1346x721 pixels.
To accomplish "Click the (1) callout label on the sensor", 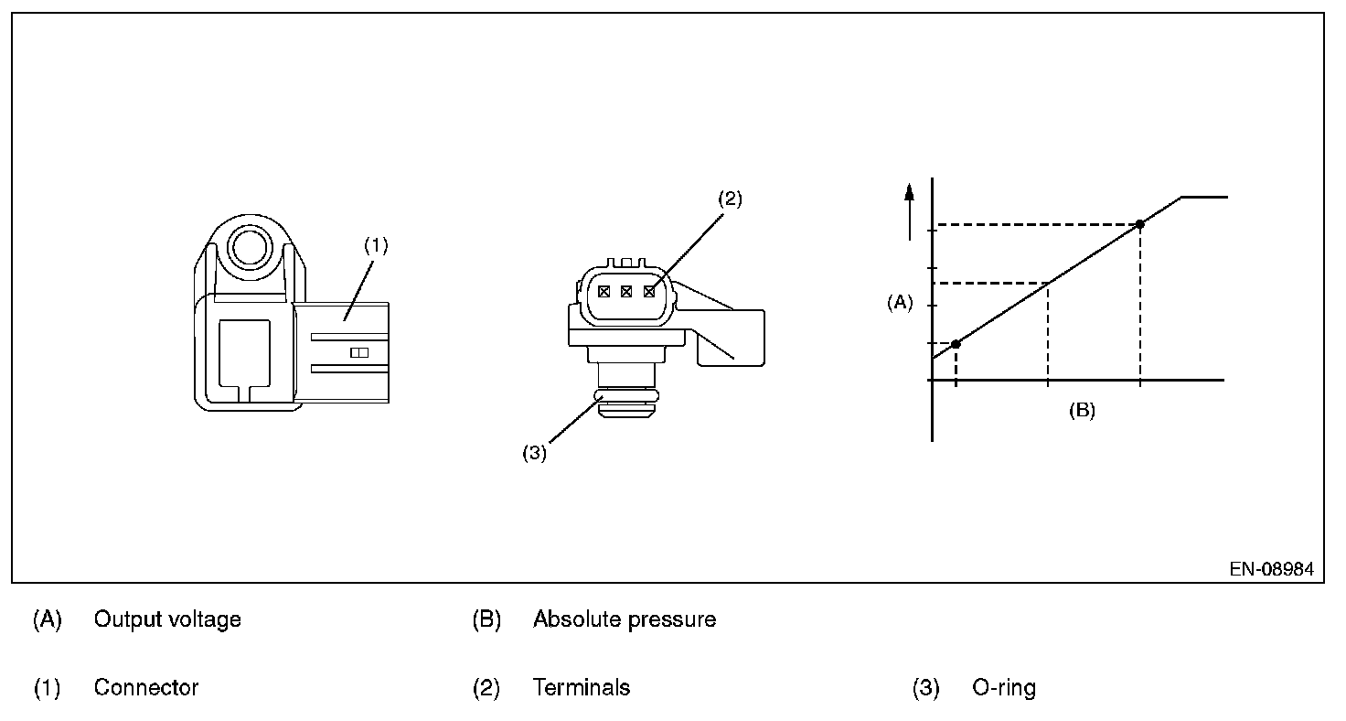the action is point(376,245).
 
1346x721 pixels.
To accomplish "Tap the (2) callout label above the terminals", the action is point(730,199).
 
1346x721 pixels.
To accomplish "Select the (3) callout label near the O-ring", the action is point(534,453).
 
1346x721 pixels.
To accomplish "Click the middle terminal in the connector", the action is point(626,292).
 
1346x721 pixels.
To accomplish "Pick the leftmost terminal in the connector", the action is point(604,292).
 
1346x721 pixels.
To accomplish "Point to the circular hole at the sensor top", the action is point(250,247).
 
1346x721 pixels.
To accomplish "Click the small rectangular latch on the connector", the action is point(359,353).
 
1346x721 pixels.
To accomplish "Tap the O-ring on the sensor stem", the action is point(626,395).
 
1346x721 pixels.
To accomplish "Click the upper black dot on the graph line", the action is point(1139,224).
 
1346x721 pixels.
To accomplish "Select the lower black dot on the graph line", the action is point(956,344).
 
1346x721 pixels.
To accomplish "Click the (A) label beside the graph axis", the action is point(900,303).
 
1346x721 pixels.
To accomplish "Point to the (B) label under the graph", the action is point(1082,411).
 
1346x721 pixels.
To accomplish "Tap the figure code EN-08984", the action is point(1272,569).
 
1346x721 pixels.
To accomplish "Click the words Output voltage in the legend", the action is point(167,619).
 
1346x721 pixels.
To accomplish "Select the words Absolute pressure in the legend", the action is point(625,619).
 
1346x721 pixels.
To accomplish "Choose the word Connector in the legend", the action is point(146,687).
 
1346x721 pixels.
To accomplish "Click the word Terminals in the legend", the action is point(582,687).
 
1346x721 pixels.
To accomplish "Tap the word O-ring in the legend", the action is point(1004,688).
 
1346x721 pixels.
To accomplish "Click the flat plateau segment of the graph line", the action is point(1204,197).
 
